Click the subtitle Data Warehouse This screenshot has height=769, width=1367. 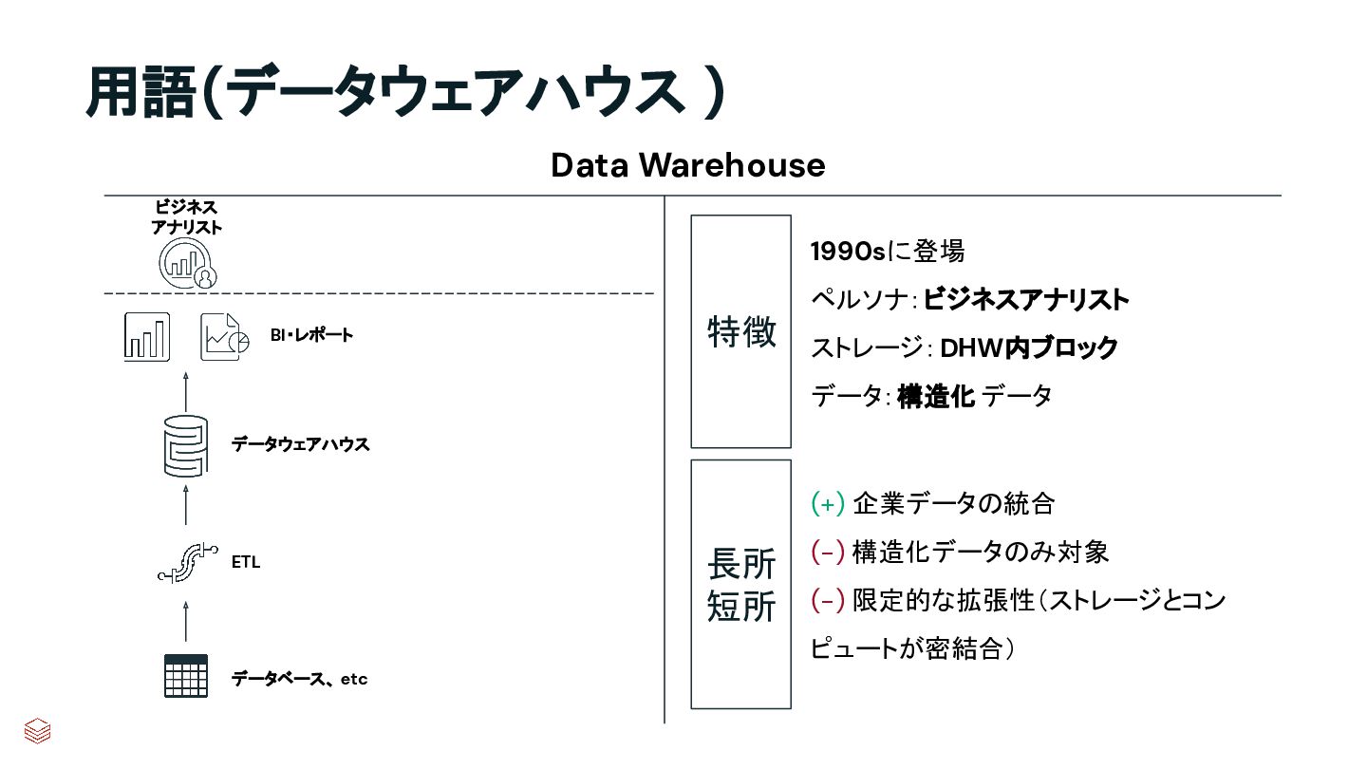(687, 165)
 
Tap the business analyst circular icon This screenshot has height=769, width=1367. (188, 261)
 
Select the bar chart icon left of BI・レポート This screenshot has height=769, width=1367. (147, 336)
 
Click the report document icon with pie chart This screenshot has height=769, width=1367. (224, 337)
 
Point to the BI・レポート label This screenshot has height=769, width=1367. (310, 335)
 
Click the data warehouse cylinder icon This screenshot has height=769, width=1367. (185, 444)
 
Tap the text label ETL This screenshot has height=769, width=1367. (246, 562)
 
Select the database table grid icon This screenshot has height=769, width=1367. (185, 676)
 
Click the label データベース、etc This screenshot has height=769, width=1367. (299, 679)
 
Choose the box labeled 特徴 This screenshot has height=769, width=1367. (740, 331)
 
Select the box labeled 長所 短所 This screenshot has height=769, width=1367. (740, 584)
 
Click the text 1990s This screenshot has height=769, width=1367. (847, 252)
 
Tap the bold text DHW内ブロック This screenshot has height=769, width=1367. (1029, 348)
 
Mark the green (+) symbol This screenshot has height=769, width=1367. (828, 503)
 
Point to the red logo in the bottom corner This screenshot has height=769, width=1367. (37, 730)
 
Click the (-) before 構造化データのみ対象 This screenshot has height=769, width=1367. (828, 552)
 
